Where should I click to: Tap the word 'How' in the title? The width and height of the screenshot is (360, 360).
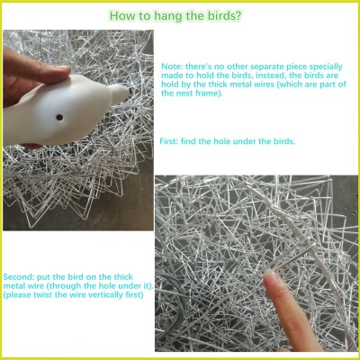(121, 16)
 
